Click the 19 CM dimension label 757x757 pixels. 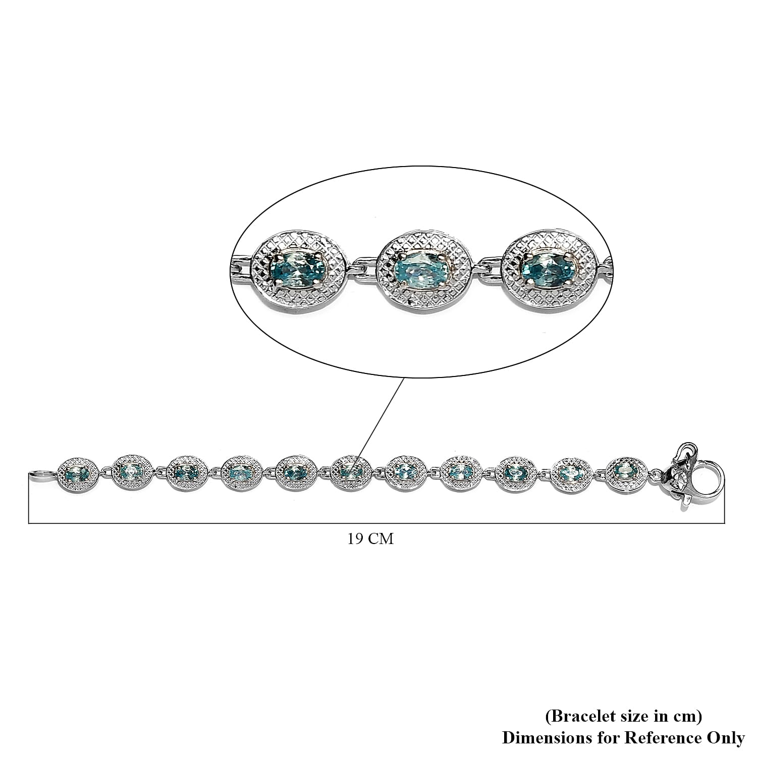click(370, 539)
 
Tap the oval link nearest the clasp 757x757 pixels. click(626, 469)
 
